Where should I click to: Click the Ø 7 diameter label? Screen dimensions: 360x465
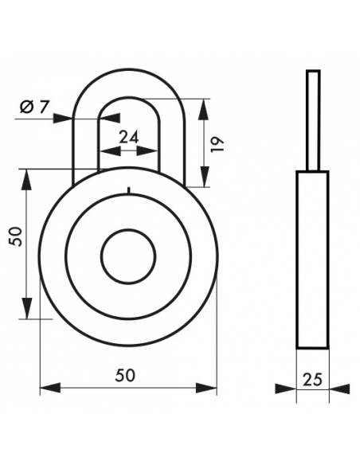[33, 107]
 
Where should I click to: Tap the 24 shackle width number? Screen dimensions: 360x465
[129, 137]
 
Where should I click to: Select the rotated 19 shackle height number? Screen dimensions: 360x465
[217, 144]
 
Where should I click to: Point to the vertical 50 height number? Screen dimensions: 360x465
[15, 236]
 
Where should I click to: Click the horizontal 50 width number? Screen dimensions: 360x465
[125, 375]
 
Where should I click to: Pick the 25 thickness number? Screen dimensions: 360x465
[312, 379]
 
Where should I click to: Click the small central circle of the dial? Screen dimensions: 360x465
[128, 256]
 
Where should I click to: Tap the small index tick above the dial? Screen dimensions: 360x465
[128, 190]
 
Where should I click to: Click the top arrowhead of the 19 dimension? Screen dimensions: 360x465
[204, 109]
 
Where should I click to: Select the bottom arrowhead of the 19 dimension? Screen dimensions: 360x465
[204, 177]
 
